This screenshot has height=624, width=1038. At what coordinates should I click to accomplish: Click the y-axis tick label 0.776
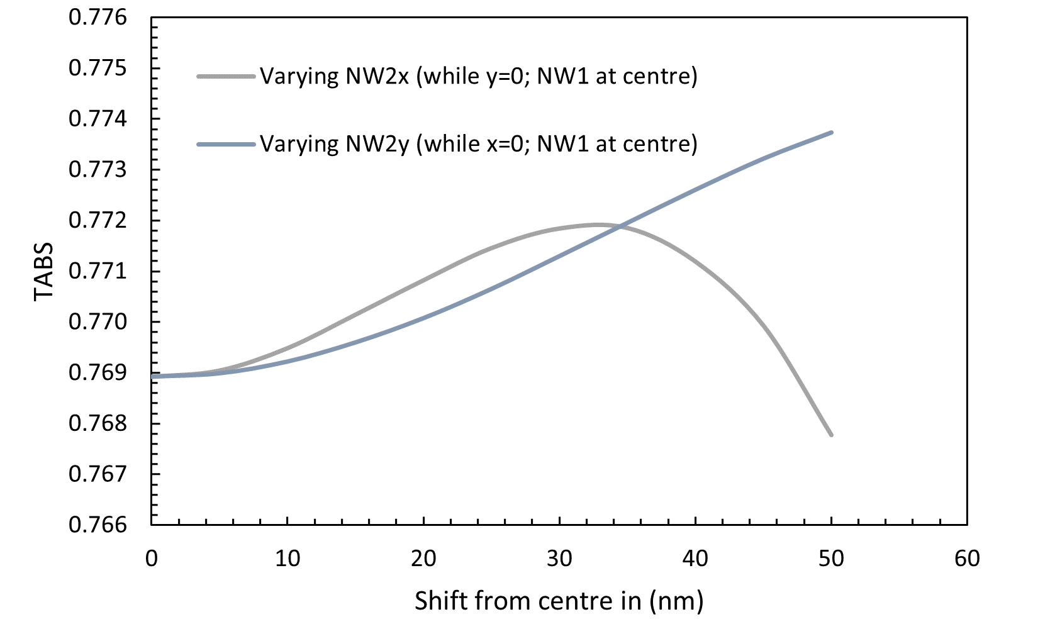(98, 18)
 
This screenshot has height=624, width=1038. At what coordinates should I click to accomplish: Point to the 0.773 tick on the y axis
(98, 170)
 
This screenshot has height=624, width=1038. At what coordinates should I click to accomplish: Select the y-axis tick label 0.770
(98, 322)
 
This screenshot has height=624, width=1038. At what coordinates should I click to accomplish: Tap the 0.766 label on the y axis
(98, 525)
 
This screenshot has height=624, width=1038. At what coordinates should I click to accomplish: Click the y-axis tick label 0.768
(98, 423)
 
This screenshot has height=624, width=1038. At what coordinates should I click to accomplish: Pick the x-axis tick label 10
(287, 559)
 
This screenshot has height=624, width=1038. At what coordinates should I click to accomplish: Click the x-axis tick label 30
(559, 559)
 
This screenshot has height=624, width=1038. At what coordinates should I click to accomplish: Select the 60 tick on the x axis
(967, 559)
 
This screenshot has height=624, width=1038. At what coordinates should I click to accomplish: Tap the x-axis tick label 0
(152, 559)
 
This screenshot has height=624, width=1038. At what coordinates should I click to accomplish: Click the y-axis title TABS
(44, 271)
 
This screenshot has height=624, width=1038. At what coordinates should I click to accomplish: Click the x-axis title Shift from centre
(559, 601)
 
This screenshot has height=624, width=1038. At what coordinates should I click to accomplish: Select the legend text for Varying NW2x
(479, 76)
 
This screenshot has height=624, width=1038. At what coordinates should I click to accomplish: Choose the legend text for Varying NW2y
(479, 144)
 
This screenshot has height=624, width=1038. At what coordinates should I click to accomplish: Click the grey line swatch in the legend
(226, 77)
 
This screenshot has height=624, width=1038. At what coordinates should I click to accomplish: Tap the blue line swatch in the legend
(226, 144)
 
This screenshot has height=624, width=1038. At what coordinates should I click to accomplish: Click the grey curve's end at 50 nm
(832, 435)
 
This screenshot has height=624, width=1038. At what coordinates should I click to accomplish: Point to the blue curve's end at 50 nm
(832, 132)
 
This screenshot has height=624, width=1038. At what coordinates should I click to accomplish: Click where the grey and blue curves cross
(621, 226)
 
